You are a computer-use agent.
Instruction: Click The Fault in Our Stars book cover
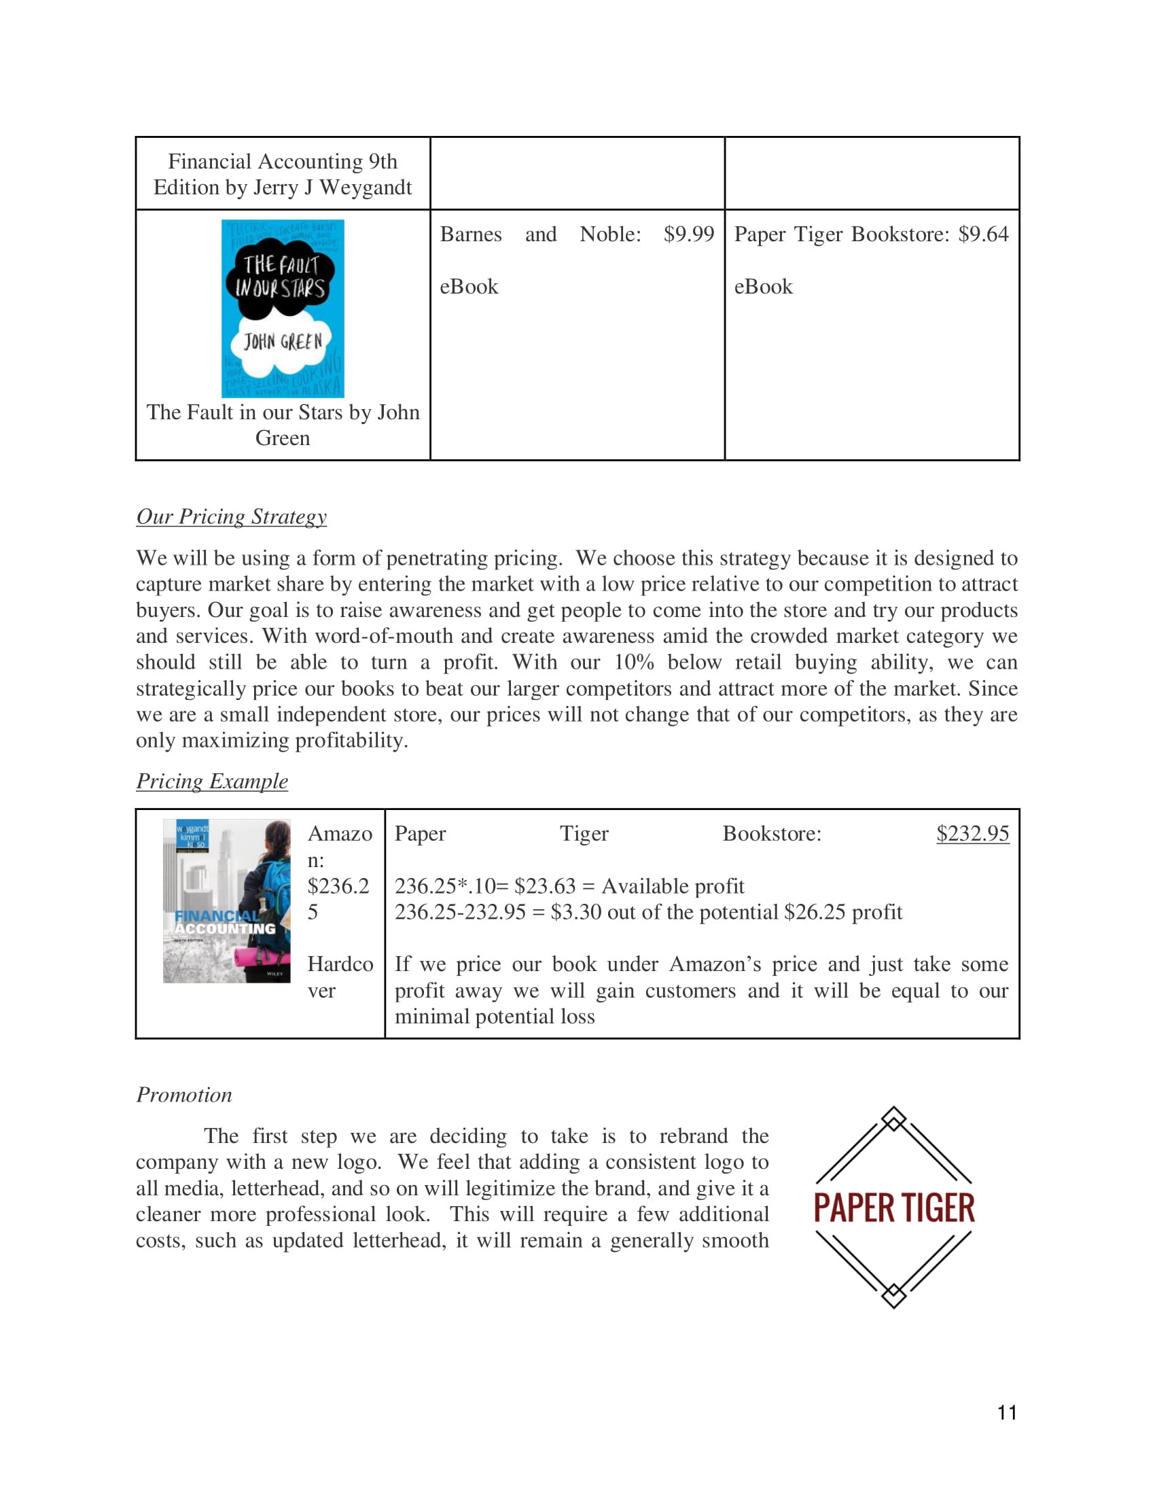tap(283, 308)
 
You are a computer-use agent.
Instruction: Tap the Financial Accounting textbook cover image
tap(226, 901)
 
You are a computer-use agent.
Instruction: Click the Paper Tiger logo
tap(893, 1208)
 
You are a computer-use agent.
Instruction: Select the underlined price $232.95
tap(972, 834)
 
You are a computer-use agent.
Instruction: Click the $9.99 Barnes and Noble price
tap(688, 234)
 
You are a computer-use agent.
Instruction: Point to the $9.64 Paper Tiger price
tap(983, 234)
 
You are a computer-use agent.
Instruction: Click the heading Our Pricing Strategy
tap(231, 517)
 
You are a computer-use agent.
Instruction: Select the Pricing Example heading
tap(212, 781)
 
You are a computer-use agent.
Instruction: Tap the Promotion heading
tap(184, 1095)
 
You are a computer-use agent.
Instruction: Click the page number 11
tap(1006, 1412)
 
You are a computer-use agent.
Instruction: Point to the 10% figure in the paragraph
tap(634, 663)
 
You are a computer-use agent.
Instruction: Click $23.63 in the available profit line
tap(545, 886)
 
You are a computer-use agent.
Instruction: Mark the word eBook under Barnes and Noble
tap(469, 287)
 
